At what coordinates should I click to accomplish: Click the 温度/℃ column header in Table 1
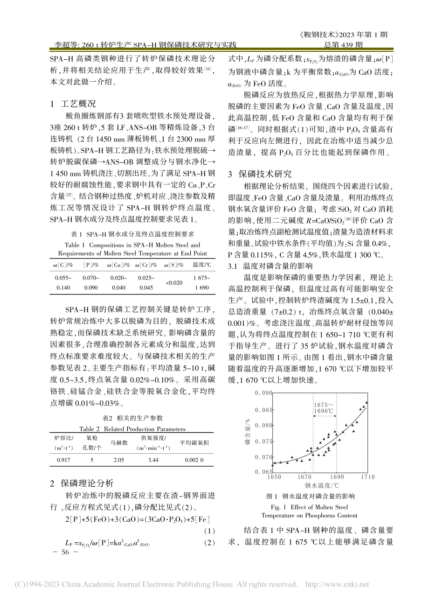(x=201, y=265)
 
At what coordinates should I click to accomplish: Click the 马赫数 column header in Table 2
(x=119, y=443)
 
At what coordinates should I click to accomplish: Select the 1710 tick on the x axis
(x=367, y=477)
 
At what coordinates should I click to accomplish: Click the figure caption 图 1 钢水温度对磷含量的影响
(x=310, y=496)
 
